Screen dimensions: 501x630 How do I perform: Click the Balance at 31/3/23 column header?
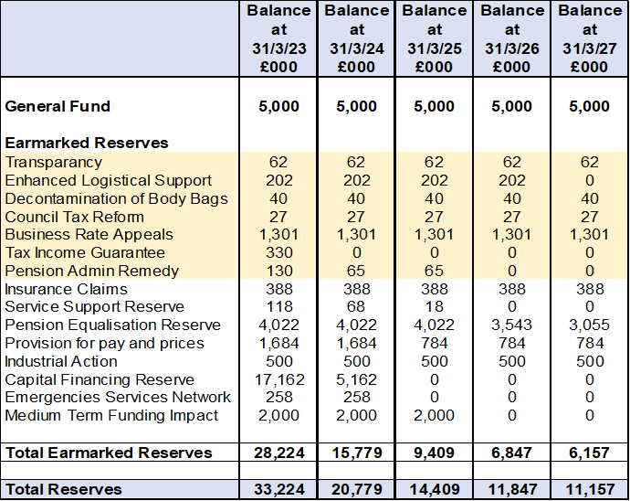click(278, 38)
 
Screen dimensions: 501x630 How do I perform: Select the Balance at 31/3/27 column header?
click(590, 38)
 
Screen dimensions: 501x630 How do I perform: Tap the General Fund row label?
click(58, 106)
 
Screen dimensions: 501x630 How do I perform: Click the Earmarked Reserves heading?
click(87, 143)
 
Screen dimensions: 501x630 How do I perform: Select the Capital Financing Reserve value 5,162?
click(356, 379)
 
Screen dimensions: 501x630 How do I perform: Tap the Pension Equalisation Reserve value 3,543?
click(512, 325)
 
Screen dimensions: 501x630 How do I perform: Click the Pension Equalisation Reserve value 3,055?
click(590, 325)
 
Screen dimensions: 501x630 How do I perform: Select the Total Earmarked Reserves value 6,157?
click(590, 453)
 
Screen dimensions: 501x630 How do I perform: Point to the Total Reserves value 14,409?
click(435, 489)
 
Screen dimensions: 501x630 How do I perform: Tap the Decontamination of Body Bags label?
click(116, 198)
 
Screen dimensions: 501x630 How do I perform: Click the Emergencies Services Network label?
click(118, 398)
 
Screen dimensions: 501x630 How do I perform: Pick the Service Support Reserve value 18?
click(435, 306)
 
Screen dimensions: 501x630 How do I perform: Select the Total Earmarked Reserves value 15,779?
click(356, 453)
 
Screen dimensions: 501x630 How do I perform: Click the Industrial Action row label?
click(61, 361)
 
